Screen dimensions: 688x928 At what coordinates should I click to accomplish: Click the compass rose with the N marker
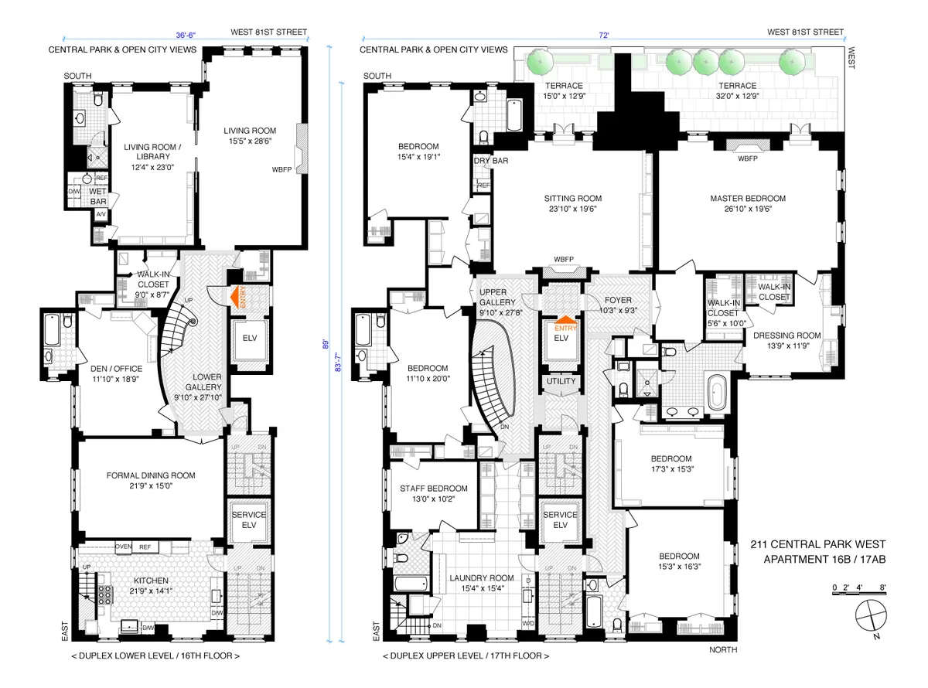pyautogui.click(x=872, y=618)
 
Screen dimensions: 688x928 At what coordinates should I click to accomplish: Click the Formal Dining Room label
pyautogui.click(x=151, y=475)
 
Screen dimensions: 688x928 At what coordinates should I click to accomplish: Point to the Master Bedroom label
pyautogui.click(x=747, y=199)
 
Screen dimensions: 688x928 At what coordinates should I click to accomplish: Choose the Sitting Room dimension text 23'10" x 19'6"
pyautogui.click(x=572, y=209)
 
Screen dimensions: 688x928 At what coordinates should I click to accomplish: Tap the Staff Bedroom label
pyautogui.click(x=433, y=489)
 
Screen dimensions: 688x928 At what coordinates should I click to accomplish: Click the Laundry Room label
pyautogui.click(x=482, y=577)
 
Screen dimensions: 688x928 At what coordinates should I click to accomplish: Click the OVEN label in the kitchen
pyautogui.click(x=124, y=547)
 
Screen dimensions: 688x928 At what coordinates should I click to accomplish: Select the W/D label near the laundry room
pyautogui.click(x=529, y=622)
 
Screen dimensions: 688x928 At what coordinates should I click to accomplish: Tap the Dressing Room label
pyautogui.click(x=787, y=335)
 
